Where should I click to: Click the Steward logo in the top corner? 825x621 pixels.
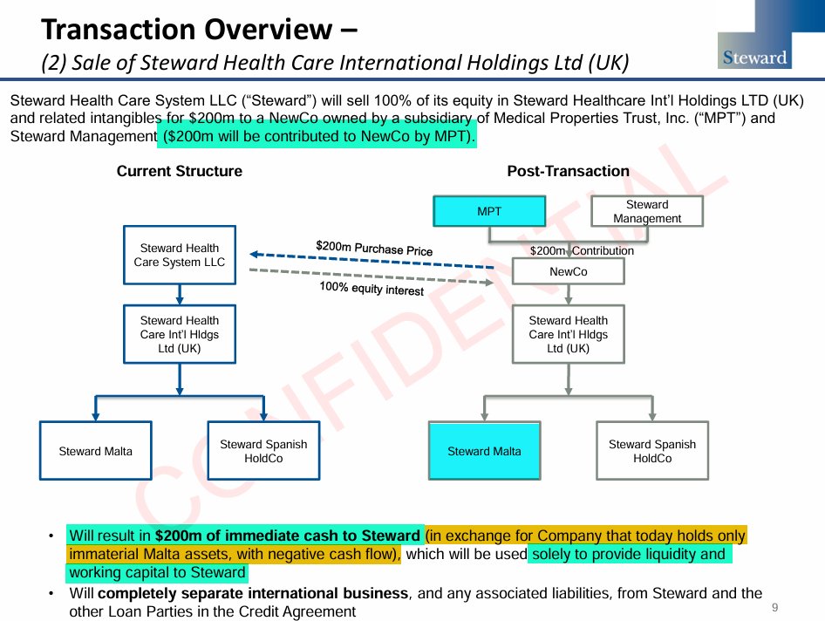pyautogui.click(x=755, y=58)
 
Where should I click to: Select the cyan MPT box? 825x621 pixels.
pyautogui.click(x=489, y=211)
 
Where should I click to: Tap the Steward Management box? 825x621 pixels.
pyautogui.click(x=647, y=211)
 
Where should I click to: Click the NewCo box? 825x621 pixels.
pyautogui.click(x=568, y=272)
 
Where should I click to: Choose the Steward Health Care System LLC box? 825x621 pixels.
pyautogui.click(x=180, y=256)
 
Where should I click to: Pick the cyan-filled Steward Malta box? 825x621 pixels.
pyautogui.click(x=484, y=451)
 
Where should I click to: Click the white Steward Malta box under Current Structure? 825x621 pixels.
pyautogui.click(x=96, y=451)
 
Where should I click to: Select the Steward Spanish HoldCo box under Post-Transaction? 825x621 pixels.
pyautogui.click(x=651, y=451)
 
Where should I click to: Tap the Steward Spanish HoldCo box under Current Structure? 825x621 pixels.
pyautogui.click(x=263, y=451)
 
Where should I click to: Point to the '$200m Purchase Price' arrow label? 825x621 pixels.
pyautogui.click(x=374, y=249)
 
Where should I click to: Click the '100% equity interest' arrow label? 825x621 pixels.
pyautogui.click(x=372, y=288)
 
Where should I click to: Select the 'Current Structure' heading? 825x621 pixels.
pyautogui.click(x=180, y=171)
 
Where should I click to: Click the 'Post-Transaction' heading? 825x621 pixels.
pyautogui.click(x=568, y=171)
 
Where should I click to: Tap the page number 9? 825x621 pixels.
pyautogui.click(x=774, y=607)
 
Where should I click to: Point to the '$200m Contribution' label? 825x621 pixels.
pyautogui.click(x=582, y=251)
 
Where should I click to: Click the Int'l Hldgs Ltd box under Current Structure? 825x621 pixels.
pyautogui.click(x=180, y=334)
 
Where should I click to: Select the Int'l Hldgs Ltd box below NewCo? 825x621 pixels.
pyautogui.click(x=568, y=334)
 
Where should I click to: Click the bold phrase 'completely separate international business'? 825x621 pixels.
pyautogui.click(x=253, y=594)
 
